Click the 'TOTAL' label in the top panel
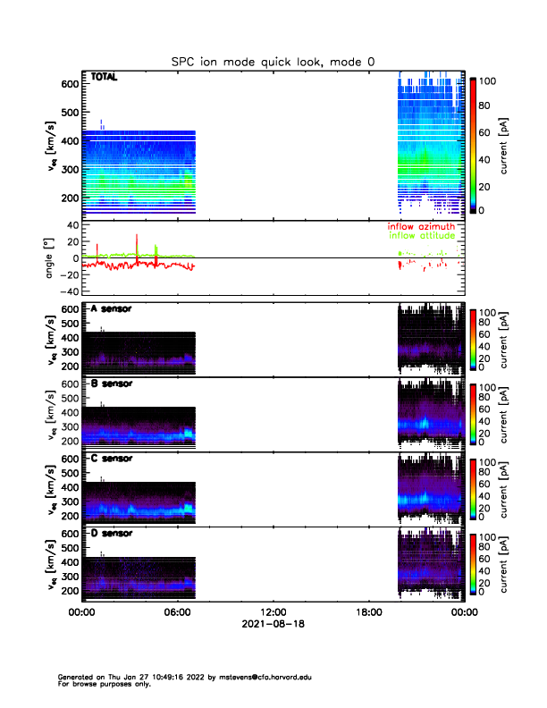(105, 78)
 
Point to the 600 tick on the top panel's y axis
(68, 85)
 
